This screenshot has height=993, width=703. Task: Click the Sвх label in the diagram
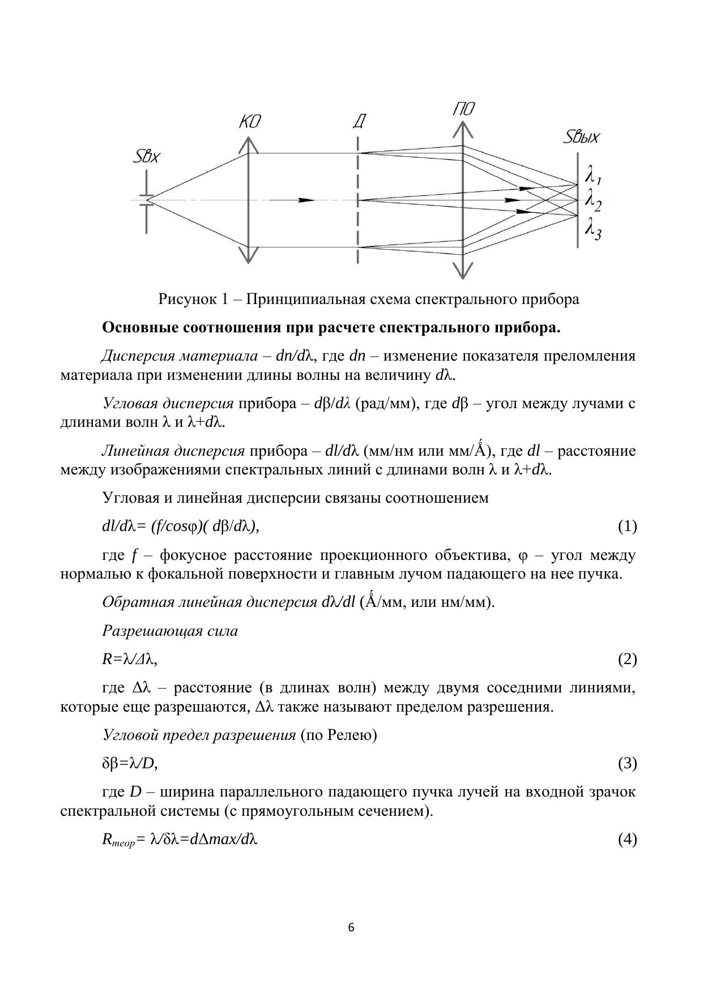146,157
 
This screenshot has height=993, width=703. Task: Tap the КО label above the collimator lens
249,122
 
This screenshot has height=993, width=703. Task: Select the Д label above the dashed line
359,122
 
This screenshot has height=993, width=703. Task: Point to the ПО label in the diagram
463,109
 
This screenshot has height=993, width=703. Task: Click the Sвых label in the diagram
582,138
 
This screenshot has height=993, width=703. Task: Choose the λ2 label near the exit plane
593,200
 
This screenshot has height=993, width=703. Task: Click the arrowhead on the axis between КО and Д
306,200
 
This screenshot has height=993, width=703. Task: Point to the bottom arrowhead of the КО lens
248,256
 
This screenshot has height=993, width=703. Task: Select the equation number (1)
627,527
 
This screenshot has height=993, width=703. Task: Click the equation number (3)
627,764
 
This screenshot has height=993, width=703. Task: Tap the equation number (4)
627,839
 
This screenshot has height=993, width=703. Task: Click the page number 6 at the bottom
351,927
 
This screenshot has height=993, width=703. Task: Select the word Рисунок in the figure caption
185,299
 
